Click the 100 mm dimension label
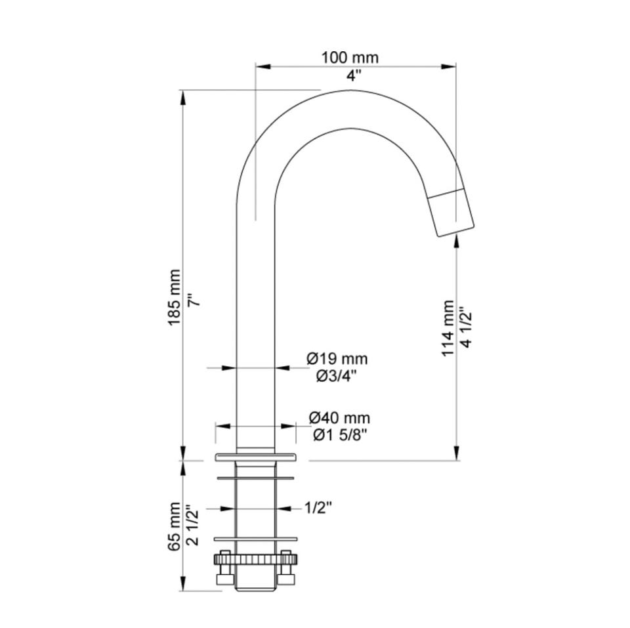(x=350, y=58)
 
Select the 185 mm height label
(x=174, y=297)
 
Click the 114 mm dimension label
(x=448, y=328)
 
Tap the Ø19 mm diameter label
(x=337, y=358)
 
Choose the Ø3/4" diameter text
(x=337, y=377)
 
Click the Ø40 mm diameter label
(x=339, y=418)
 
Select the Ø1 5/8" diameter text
(x=341, y=435)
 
